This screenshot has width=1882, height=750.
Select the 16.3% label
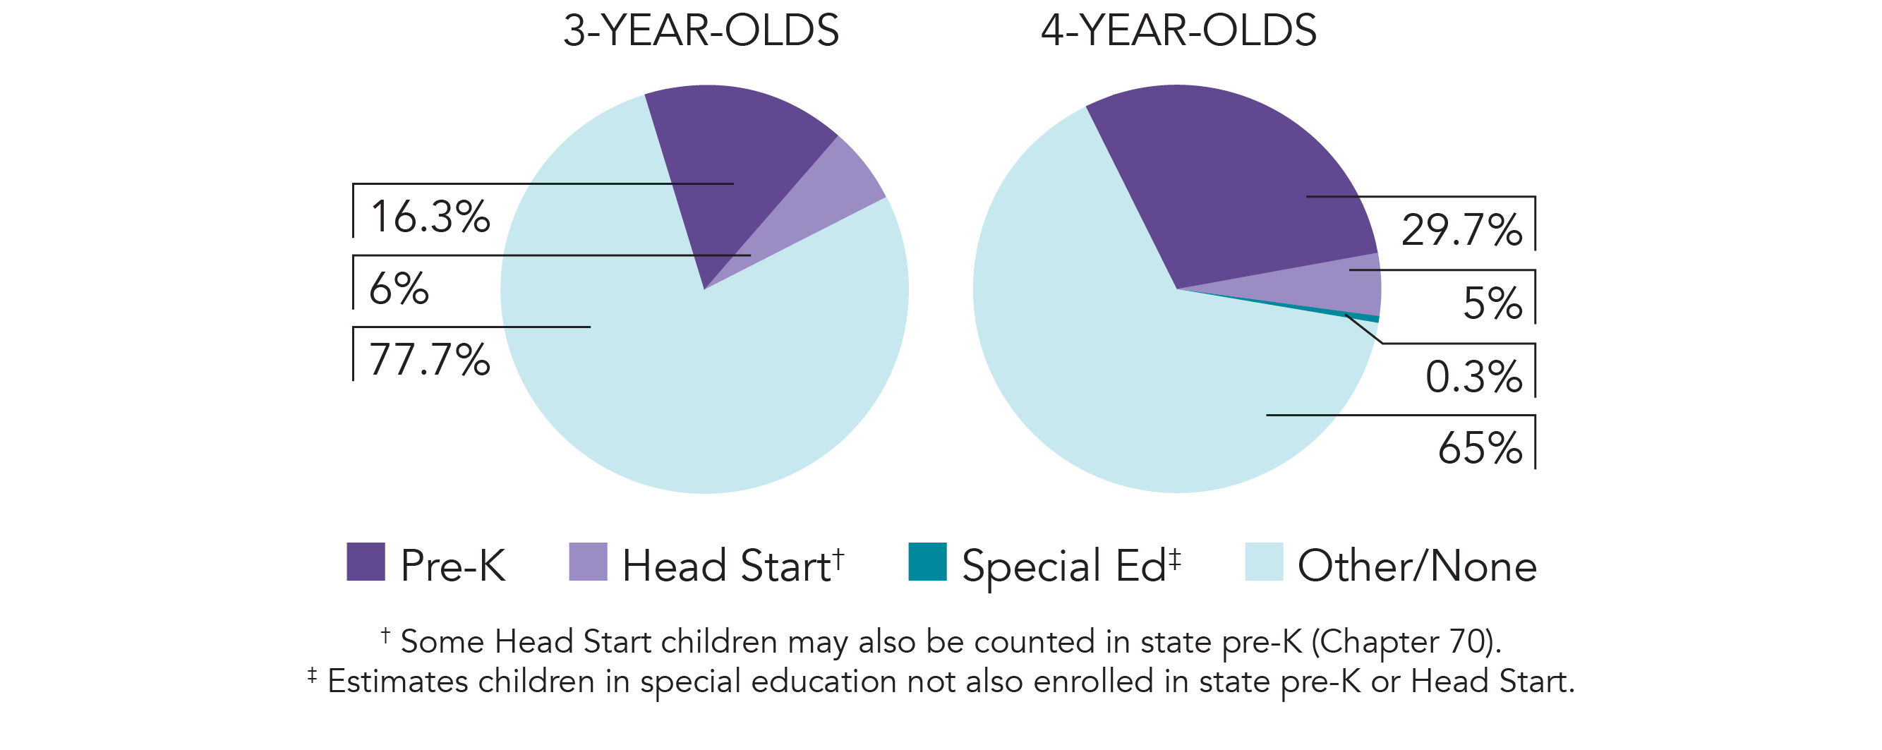[430, 217]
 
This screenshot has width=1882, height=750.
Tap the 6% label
[398, 289]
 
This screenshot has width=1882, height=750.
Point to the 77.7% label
[430, 359]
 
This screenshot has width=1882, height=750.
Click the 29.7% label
[1461, 230]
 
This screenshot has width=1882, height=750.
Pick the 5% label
[1492, 303]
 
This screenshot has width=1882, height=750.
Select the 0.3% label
[1473, 377]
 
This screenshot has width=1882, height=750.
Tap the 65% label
[1480, 447]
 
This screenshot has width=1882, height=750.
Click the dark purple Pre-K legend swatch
[366, 562]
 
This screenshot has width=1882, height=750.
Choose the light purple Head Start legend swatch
[587, 562]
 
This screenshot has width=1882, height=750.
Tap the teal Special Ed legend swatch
[927, 562]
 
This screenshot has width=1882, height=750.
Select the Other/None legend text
[1416, 566]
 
